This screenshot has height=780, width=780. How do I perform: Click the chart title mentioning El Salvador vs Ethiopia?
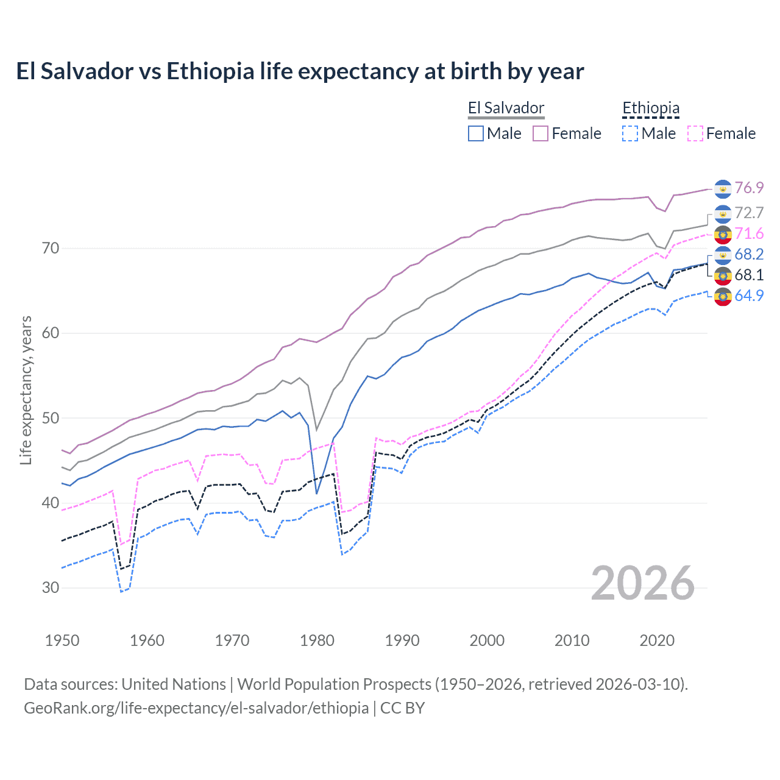click(x=300, y=71)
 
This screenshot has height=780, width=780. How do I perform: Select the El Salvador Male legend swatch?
click(x=476, y=133)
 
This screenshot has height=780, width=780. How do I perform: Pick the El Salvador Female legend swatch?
click(x=541, y=133)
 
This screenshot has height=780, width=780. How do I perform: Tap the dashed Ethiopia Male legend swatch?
click(x=630, y=133)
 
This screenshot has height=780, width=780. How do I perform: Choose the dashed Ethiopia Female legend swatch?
click(x=695, y=133)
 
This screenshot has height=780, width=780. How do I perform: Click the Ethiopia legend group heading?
click(x=650, y=108)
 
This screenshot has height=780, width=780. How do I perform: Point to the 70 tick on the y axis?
click(x=51, y=248)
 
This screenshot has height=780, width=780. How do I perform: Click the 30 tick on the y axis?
click(x=51, y=588)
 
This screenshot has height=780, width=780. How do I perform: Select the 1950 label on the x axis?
click(x=62, y=640)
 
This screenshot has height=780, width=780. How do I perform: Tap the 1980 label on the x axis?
click(x=317, y=640)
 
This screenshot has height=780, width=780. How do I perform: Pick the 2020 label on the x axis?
click(x=657, y=640)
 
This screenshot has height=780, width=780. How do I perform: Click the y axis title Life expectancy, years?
click(x=26, y=390)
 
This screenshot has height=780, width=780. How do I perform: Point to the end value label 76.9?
click(x=749, y=188)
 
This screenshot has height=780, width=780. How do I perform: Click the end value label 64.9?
click(x=749, y=296)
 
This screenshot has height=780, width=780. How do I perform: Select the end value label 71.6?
click(x=749, y=233)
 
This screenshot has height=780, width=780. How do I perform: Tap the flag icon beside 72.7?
click(x=723, y=213)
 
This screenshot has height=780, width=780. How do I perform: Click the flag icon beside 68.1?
click(x=723, y=275)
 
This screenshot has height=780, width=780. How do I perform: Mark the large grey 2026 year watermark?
click(x=643, y=583)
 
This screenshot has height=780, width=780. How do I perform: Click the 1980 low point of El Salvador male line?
click(x=317, y=493)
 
